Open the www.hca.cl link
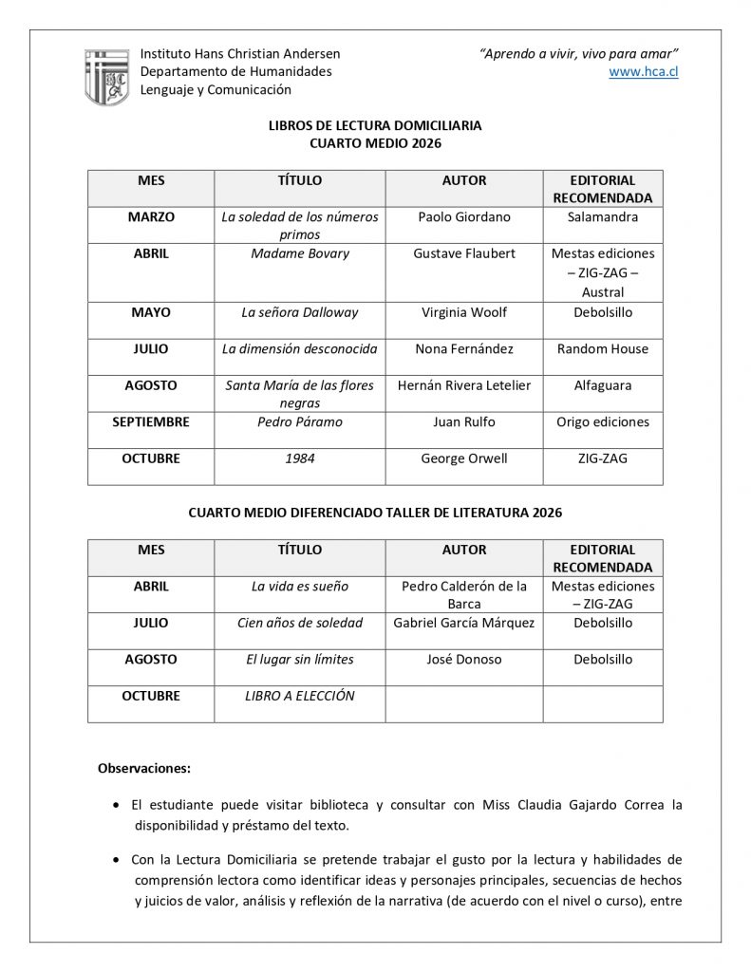coord(643,71)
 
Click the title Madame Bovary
coord(300,253)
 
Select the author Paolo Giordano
coord(464,216)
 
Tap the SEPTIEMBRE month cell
coord(151,421)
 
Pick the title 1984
coord(300,458)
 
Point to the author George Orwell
coord(464,458)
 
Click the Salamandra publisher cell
coord(603,216)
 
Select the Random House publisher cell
coord(603,348)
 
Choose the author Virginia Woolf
coord(464,311)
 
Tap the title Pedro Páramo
coord(300,421)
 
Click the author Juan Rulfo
coord(464,421)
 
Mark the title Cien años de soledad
coord(300,623)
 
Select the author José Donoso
coord(464,659)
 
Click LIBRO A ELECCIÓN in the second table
coord(300,696)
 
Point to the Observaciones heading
coord(144,767)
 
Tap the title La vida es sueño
coord(300,586)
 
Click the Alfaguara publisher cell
coord(603,385)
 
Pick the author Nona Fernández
coord(464,348)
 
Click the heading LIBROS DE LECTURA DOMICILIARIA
coord(376,125)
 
